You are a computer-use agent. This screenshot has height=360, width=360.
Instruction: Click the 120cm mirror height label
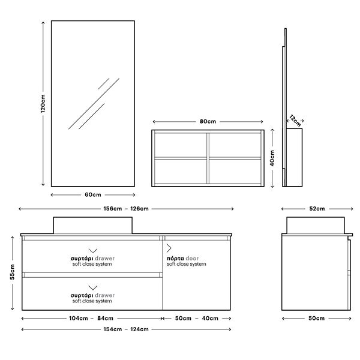tap(43, 103)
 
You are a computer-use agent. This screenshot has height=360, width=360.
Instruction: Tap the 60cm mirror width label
tap(93, 194)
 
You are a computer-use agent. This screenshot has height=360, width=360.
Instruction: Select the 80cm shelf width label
tap(208, 121)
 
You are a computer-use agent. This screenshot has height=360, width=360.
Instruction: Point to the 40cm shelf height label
tap(272, 158)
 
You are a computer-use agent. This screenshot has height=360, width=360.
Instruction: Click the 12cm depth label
tap(295, 121)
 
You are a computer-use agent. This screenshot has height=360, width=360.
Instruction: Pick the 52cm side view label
tap(317, 209)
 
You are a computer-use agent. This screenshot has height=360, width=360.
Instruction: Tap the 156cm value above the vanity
tap(113, 209)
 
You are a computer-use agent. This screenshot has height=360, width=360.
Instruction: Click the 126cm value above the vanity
tap(139, 209)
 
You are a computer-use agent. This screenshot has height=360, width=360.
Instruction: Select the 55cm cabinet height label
tap(12, 272)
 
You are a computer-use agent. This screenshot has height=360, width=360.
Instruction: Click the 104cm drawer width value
tap(78, 318)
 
